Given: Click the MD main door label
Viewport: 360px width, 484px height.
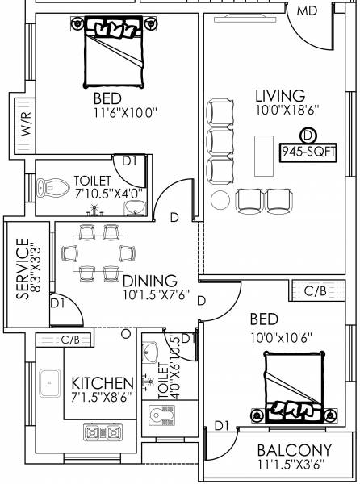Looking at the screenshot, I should [x=306, y=11].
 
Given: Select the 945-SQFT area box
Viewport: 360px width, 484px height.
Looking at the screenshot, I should [x=306, y=152].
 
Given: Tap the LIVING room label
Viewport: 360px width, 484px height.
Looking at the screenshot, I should [x=276, y=96].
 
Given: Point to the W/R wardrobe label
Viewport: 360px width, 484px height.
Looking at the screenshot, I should [x=24, y=126].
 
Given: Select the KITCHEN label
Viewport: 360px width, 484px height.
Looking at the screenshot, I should [x=102, y=382].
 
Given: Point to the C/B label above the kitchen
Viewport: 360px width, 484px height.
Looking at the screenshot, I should [x=70, y=340].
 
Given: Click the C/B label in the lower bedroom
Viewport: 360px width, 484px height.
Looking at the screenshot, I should [x=314, y=290].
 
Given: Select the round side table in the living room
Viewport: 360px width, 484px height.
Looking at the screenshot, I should [x=220, y=199].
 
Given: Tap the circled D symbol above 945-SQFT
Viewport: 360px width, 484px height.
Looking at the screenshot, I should [x=306, y=135].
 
